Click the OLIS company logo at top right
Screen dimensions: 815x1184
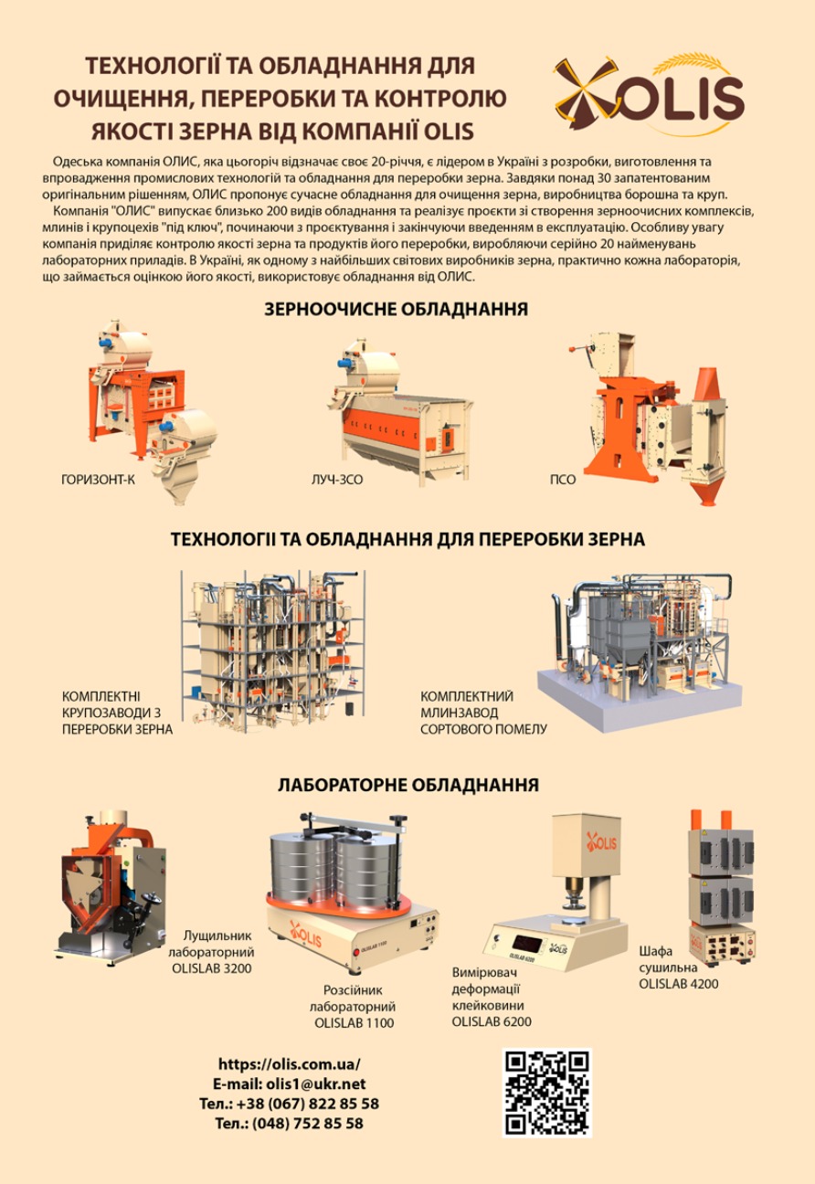[x=649, y=93]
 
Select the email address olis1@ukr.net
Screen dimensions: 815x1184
[x=316, y=1084]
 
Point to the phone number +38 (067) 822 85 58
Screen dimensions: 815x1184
[x=308, y=1104]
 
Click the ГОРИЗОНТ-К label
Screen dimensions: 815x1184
[x=99, y=480]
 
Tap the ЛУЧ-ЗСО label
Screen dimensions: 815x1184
[x=337, y=480]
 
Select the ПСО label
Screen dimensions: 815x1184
[x=562, y=480]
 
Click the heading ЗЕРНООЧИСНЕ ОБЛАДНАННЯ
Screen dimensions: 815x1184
[x=396, y=309]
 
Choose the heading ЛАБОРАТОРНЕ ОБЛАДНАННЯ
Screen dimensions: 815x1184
[x=408, y=785]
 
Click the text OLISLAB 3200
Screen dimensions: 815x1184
[x=211, y=968]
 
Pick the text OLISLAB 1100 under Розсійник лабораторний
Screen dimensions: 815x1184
[x=355, y=1023]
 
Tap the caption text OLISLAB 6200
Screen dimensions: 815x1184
[x=492, y=1021]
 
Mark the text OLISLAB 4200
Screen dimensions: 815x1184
[x=679, y=984]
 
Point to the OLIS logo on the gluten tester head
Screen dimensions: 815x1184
[x=601, y=841]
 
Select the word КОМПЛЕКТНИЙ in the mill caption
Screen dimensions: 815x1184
[x=467, y=696]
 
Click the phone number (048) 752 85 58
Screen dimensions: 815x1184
[x=308, y=1123]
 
